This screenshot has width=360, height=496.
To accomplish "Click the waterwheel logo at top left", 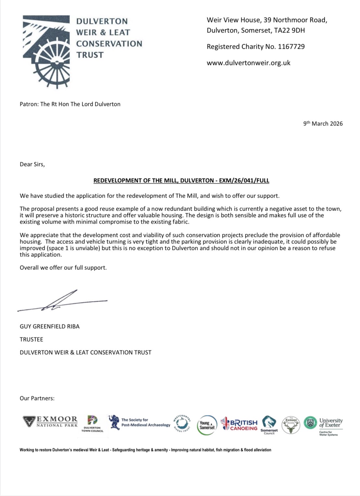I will [46, 51].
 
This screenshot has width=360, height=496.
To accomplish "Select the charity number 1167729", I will [291, 46].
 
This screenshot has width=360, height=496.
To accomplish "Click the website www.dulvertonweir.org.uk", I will [249, 63].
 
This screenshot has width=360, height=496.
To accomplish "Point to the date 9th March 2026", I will [323, 124].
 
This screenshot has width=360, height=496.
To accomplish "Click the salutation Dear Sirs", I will [32, 164].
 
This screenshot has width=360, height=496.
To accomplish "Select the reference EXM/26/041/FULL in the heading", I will [244, 180].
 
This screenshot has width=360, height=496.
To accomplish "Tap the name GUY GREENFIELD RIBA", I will [50, 326].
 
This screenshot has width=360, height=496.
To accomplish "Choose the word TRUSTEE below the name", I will [32, 339].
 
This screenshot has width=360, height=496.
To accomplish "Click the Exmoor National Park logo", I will [50, 422].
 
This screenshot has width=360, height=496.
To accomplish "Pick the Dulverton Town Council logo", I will [93, 424].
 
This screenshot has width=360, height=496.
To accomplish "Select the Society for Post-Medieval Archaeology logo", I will [139, 423].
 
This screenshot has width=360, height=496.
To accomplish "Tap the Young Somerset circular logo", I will [207, 425].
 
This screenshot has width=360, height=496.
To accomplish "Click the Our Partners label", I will [37, 398].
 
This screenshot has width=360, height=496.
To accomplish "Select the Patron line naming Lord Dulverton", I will [70, 104].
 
